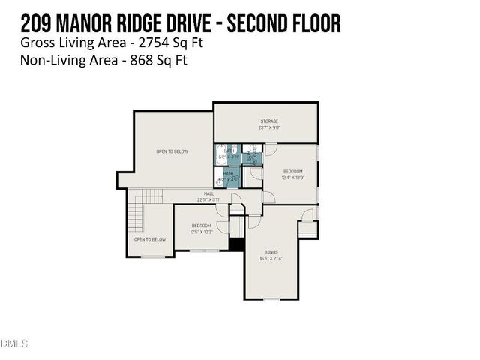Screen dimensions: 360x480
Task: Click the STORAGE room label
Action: coord(269,121)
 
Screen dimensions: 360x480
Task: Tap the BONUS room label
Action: coord(271,252)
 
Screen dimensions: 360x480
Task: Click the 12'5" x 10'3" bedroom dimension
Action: coord(202,232)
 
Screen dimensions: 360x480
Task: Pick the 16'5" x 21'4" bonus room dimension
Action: coord(271,258)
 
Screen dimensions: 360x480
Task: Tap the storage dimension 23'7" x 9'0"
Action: coord(269,127)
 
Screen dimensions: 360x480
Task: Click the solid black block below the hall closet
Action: coord(237,244)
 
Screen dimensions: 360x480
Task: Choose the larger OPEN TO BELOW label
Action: coord(172,151)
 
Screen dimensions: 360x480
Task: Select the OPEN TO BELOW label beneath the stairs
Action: coord(150,239)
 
